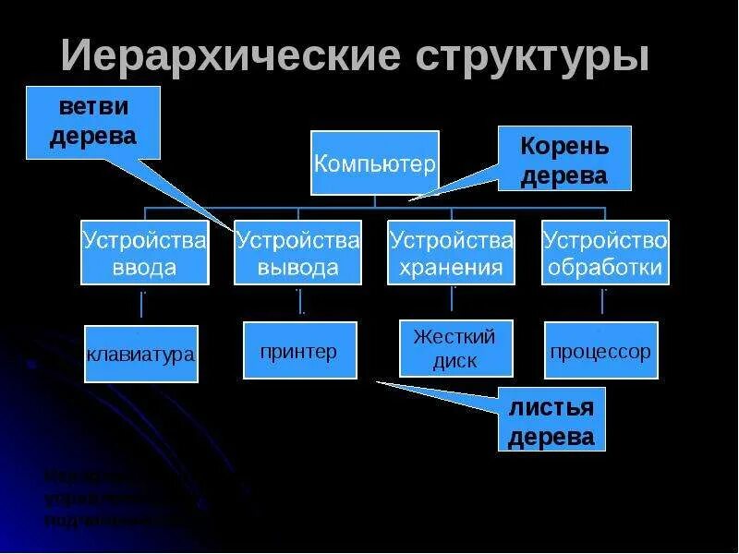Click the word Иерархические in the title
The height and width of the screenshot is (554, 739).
(x=230, y=56)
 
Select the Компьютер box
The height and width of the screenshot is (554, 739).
(x=374, y=163)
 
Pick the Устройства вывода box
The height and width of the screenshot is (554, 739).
(x=297, y=252)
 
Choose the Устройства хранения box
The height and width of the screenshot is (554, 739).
(x=451, y=252)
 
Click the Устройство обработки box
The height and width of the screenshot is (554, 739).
(x=605, y=252)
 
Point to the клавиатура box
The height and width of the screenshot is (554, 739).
(x=141, y=354)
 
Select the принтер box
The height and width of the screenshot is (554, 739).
(x=299, y=350)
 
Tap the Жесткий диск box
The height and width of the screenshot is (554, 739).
(x=454, y=348)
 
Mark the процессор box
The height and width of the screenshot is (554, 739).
(x=601, y=350)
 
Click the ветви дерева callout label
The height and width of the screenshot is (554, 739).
(x=92, y=121)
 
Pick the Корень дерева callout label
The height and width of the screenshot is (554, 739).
(x=564, y=159)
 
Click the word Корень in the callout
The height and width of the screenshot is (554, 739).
(x=564, y=145)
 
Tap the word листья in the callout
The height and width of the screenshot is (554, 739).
(x=551, y=406)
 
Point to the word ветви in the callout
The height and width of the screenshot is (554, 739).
(x=92, y=106)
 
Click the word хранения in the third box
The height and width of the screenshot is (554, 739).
(x=451, y=268)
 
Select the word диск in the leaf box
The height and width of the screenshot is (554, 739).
(x=454, y=361)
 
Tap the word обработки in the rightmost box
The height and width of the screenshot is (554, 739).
(x=605, y=268)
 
